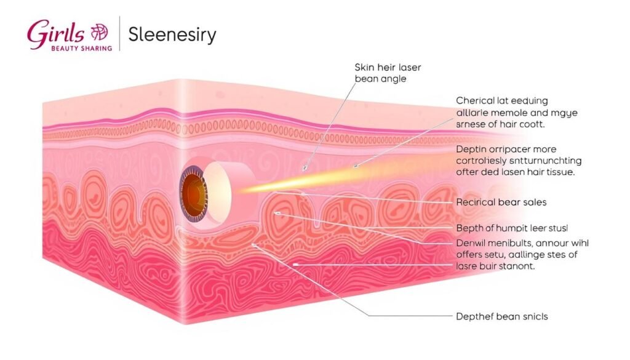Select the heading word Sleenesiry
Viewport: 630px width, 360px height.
coord(172,34)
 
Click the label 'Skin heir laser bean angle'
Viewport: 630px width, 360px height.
coord(388,73)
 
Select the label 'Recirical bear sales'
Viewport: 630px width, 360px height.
coord(501,202)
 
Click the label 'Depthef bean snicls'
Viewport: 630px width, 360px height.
coord(502,316)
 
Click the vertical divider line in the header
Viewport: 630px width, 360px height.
coord(119,34)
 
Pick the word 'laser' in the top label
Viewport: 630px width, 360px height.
coord(409,67)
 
